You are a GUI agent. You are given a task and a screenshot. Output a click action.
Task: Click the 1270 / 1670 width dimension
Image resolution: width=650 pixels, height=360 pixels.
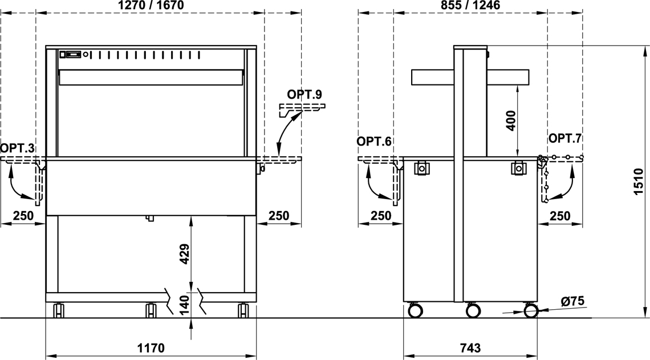[151, 5]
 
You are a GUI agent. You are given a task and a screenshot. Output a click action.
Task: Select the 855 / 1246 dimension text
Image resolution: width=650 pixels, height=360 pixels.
[470, 5]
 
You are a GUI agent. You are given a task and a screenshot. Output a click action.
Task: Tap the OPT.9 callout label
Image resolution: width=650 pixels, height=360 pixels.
[304, 94]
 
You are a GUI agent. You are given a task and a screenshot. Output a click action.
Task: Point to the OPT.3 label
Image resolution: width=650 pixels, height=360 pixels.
[18, 148]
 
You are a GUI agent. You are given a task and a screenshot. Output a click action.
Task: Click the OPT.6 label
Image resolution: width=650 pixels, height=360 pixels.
[374, 141]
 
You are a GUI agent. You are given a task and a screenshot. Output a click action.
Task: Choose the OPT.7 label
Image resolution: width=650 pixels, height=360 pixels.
[566, 139]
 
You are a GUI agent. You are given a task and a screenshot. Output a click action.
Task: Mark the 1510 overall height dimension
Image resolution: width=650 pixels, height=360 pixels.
[639, 182]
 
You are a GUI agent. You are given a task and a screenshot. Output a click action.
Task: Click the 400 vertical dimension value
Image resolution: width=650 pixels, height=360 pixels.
[511, 121]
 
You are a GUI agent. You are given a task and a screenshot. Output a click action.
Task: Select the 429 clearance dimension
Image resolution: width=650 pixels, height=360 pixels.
[185, 254]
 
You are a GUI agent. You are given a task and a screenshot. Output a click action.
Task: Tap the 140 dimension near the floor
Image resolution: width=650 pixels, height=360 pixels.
[185, 304]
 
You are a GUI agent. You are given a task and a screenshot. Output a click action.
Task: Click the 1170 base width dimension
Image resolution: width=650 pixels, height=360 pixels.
[151, 347]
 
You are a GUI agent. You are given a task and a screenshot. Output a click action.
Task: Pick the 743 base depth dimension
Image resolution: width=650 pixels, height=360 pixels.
[470, 347]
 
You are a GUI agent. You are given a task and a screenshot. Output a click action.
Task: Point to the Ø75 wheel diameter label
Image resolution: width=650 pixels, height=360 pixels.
[572, 301]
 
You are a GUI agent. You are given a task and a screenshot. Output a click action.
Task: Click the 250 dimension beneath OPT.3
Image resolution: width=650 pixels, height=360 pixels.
[23, 216]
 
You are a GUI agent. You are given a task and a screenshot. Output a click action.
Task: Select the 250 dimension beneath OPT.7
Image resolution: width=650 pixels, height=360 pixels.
[560, 216]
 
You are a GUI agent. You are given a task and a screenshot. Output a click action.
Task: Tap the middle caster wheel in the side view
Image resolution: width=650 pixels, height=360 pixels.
[473, 310]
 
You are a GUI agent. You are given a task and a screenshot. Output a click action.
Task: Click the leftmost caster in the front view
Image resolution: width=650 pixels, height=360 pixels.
[59, 310]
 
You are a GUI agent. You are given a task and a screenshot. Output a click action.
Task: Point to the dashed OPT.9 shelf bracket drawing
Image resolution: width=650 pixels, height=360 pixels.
[302, 108]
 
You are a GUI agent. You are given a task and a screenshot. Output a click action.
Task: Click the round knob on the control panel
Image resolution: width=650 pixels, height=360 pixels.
[86, 54]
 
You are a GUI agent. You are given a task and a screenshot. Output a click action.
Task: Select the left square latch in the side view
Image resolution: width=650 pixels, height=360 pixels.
[421, 168]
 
